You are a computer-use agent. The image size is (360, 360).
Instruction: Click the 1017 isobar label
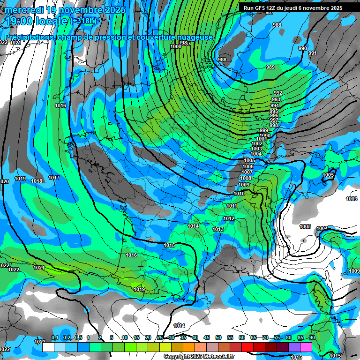[x=54, y=178]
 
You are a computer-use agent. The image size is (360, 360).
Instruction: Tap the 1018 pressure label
[x=37, y=181]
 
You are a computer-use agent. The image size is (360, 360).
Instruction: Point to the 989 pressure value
[x=270, y=67]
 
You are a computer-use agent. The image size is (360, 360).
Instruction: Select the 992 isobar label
[x=277, y=93]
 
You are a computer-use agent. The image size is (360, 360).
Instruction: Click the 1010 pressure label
[x=239, y=194]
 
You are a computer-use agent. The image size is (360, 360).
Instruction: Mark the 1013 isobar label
[x=217, y=229]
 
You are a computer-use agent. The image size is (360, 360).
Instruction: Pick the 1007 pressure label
[x=247, y=172]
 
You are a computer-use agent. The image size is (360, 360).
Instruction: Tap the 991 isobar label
[x=312, y=53]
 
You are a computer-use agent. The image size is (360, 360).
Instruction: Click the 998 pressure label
[x=274, y=125]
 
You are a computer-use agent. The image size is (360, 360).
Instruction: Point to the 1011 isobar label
[x=232, y=206]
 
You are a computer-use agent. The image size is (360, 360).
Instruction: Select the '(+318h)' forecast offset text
[x=83, y=21]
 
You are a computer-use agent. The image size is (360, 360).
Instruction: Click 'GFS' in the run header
[x=259, y=8]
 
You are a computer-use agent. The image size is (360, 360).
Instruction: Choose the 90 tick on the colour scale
[x=312, y=337]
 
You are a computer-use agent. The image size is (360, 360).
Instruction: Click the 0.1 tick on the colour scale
[x=54, y=337]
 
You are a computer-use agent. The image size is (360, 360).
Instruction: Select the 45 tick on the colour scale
[x=207, y=337]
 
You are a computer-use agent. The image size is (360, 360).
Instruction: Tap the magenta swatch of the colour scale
[x=306, y=347]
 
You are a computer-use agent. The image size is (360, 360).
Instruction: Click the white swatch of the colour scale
[x=48, y=347]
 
